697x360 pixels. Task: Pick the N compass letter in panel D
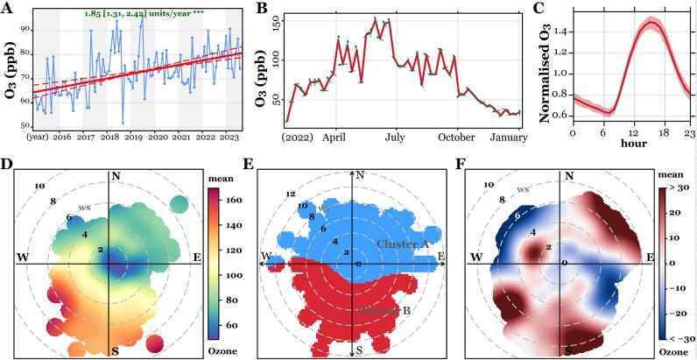tap(116, 177)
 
